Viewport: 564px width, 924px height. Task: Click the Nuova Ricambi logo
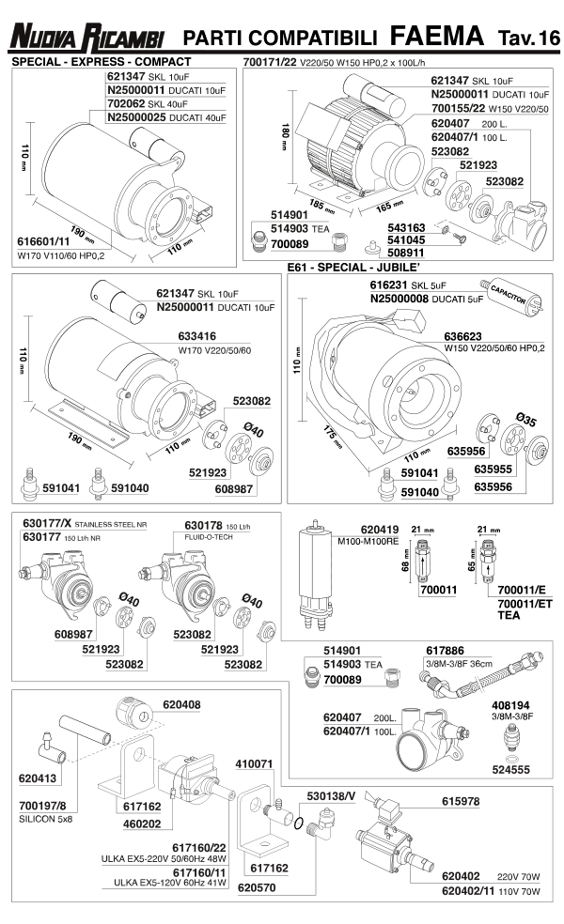click(86, 38)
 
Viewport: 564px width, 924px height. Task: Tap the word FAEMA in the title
click(435, 37)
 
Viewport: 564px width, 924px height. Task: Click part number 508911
click(406, 252)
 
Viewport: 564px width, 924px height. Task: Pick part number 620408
click(182, 703)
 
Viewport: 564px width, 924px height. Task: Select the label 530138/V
click(331, 795)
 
